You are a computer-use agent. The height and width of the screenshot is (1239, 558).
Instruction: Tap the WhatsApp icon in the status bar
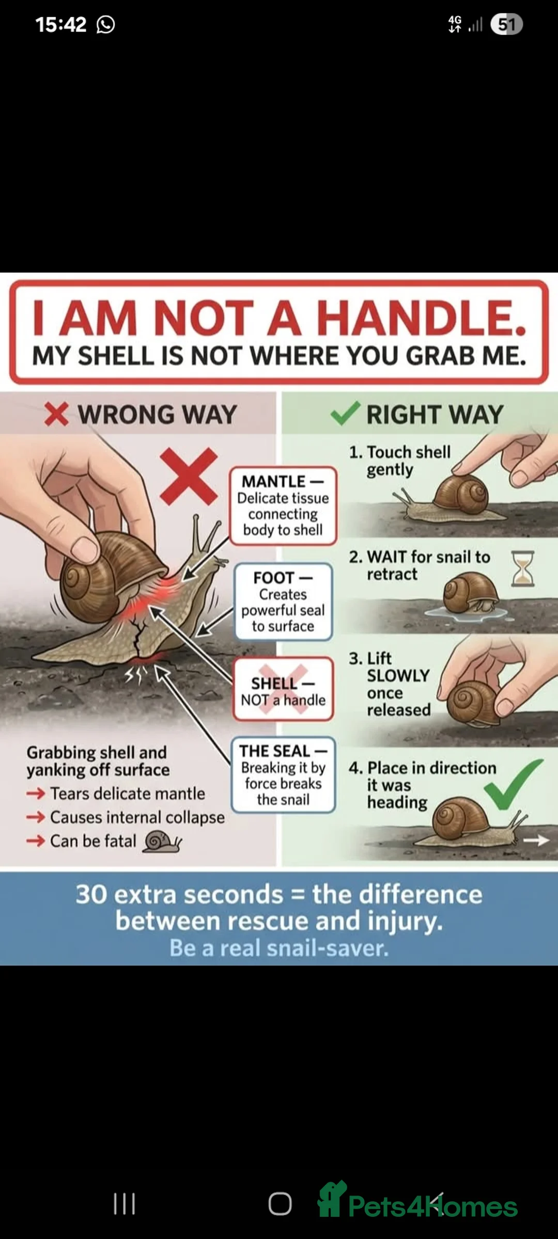(x=106, y=24)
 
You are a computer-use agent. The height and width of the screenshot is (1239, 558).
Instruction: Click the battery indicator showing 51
(x=506, y=24)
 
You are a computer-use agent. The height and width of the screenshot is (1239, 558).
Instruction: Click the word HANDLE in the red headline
(x=421, y=318)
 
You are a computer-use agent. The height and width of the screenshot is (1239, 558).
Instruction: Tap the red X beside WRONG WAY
(x=56, y=414)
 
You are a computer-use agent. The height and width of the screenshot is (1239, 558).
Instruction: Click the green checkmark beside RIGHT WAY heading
(x=345, y=414)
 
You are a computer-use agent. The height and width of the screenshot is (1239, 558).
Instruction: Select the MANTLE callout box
(x=283, y=506)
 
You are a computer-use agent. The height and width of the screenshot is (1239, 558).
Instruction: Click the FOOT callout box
(x=283, y=602)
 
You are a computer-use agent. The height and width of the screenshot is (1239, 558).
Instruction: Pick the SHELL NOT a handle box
(x=283, y=690)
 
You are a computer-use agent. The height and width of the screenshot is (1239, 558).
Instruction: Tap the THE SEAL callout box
(x=283, y=775)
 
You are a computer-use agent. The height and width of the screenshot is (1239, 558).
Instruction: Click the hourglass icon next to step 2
(x=522, y=568)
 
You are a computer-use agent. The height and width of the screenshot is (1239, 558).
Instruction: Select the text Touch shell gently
(x=400, y=460)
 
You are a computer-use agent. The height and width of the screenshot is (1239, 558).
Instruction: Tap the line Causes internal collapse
(x=137, y=817)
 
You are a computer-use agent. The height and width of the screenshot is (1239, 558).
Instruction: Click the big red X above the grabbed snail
(x=189, y=476)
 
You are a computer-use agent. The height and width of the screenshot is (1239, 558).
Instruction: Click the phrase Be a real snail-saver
(x=279, y=948)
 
